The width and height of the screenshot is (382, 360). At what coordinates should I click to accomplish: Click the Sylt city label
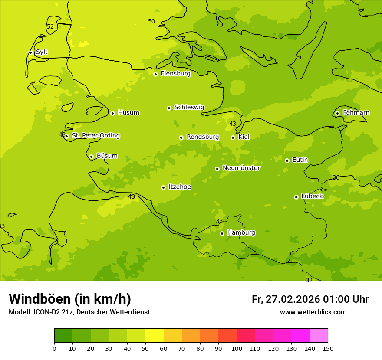click(x=42, y=52)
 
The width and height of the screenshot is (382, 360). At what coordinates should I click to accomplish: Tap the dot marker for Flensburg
click(x=155, y=74)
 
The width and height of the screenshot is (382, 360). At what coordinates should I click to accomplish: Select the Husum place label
click(x=128, y=113)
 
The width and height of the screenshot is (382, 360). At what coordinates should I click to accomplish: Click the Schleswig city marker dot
click(x=169, y=108)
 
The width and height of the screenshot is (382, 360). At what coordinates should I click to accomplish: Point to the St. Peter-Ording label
click(x=96, y=136)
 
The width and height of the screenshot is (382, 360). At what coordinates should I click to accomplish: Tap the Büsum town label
click(x=107, y=156)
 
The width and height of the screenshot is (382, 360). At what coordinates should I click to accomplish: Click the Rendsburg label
click(x=203, y=137)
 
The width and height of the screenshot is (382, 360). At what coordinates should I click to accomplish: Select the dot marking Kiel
click(x=233, y=137)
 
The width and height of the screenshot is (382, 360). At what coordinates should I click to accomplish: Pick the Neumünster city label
click(x=241, y=168)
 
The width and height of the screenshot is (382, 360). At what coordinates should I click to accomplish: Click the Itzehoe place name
click(x=180, y=187)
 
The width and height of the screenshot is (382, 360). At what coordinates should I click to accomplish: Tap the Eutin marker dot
click(x=287, y=160)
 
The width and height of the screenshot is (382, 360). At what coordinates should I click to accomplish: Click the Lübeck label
click(x=312, y=196)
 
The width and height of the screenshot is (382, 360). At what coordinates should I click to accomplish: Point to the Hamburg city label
click(x=241, y=232)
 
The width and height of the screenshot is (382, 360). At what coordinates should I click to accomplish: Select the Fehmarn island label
click(x=356, y=113)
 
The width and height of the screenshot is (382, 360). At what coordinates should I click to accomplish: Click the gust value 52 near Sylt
click(x=50, y=27)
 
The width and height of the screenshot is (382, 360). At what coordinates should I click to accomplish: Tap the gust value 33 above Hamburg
click(x=219, y=221)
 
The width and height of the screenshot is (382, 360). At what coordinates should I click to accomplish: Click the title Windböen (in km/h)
click(x=70, y=299)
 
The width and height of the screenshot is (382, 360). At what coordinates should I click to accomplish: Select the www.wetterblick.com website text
click(x=313, y=312)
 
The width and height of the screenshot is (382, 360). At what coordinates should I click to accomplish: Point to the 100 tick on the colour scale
click(x=237, y=348)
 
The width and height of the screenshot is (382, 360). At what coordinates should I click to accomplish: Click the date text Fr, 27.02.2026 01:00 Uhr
click(x=310, y=299)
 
